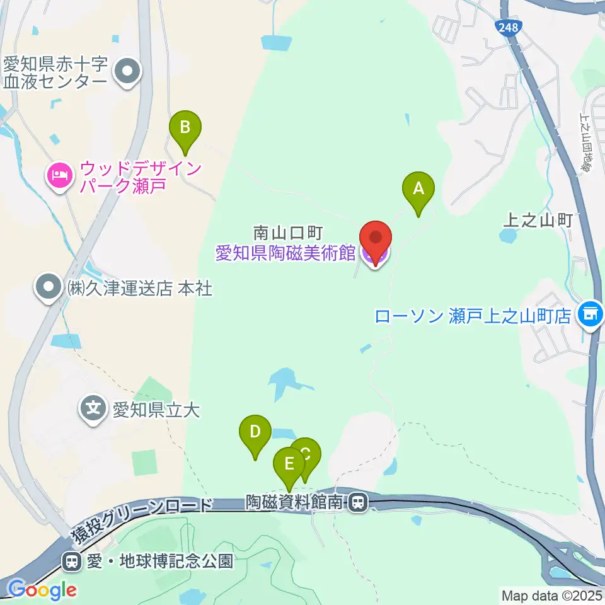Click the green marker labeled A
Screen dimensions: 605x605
click(419, 190)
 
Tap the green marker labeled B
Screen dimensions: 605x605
click(185, 129)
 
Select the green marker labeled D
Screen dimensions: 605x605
click(255, 434)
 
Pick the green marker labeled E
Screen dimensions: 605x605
click(289, 466)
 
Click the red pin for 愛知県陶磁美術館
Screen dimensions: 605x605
click(376, 242)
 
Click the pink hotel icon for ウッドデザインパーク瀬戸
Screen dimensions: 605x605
click(59, 173)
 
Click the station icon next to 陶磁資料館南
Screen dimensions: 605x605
click(358, 502)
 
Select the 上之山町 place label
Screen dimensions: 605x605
click(537, 220)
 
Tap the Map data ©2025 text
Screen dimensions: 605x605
click(552, 596)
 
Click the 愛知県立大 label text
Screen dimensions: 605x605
click(156, 412)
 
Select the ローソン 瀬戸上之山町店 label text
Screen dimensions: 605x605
click(473, 316)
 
